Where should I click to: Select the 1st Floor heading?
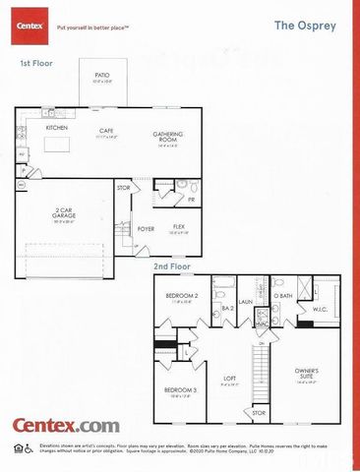[x=36, y=63]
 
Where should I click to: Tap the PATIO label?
[x=101, y=76]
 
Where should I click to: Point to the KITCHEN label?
[x=56, y=128]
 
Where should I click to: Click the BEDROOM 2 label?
[x=182, y=296]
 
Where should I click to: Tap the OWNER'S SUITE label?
[x=308, y=374]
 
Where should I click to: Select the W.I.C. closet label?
[x=320, y=309]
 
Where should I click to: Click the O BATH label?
[x=283, y=296]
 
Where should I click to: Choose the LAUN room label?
[x=246, y=303]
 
